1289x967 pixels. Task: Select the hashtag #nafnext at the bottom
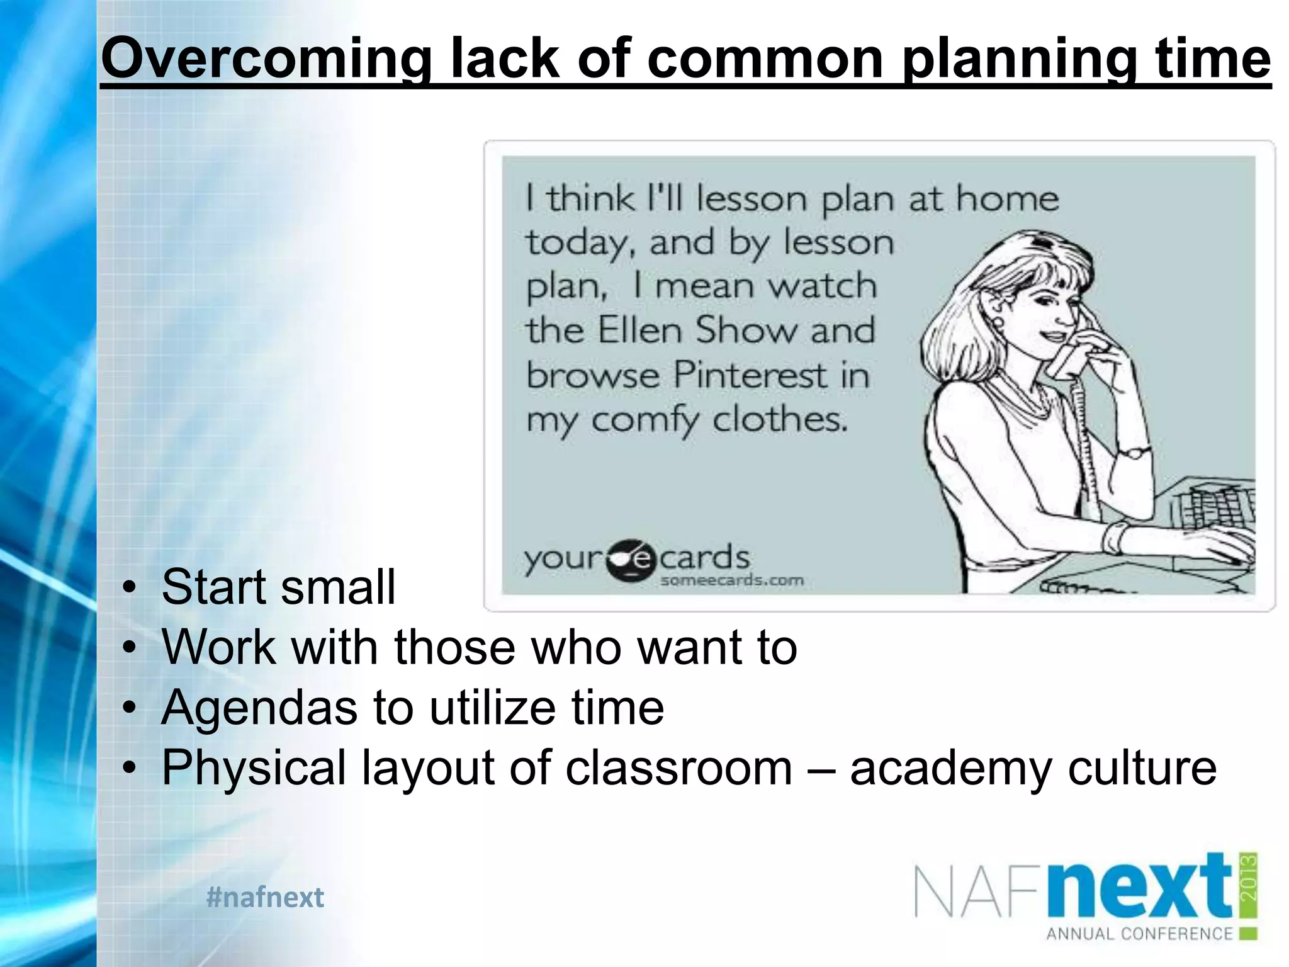pos(265,897)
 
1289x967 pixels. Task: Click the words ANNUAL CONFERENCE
pos(1139,934)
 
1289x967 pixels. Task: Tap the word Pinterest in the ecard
pos(749,375)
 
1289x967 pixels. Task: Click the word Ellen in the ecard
pos(639,331)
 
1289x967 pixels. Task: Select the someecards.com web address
pos(731,580)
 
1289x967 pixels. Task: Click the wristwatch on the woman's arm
pos(1133,451)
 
